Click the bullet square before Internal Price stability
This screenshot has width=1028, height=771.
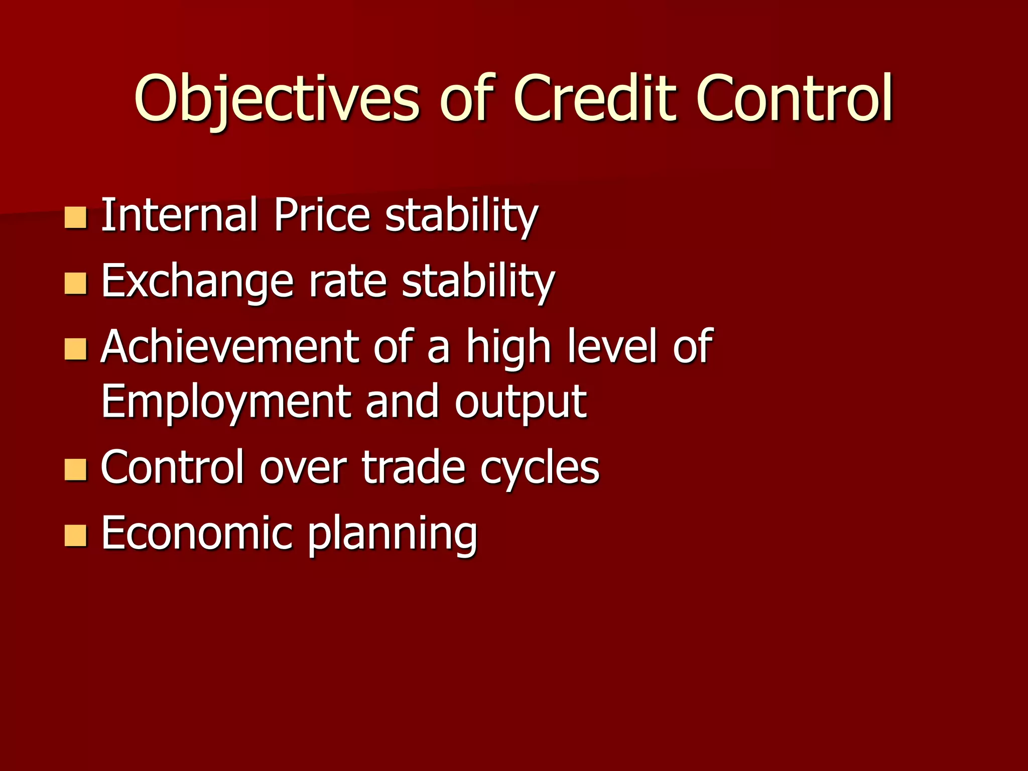(x=76, y=217)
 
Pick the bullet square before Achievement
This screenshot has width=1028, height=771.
(x=76, y=349)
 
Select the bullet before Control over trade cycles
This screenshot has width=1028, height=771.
(x=76, y=470)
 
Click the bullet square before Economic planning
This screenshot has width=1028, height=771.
(x=76, y=536)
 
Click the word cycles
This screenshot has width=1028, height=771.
(x=540, y=468)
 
